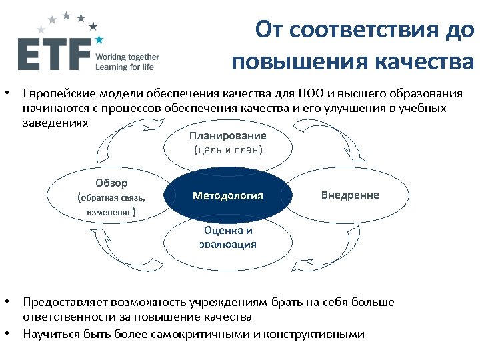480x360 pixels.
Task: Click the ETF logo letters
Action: pos(53,54)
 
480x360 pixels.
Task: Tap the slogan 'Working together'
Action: pos(127,57)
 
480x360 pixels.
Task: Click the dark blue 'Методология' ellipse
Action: pos(228,196)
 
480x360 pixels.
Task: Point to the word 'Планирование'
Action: pos(228,135)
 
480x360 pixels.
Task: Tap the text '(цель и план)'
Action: pos(228,150)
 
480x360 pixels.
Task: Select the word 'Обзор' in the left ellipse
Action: pos(111,183)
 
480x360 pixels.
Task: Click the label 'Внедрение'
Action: pos(350,195)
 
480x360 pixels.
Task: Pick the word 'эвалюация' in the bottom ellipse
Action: pos(228,244)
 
